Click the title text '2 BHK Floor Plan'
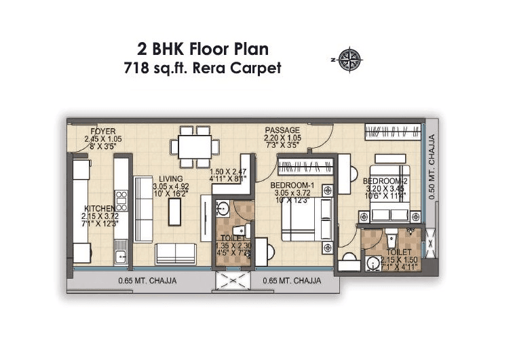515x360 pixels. (x=203, y=49)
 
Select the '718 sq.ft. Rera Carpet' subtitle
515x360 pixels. (x=203, y=68)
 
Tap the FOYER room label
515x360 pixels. (x=102, y=132)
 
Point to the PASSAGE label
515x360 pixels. (x=282, y=130)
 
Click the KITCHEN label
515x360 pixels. (x=100, y=209)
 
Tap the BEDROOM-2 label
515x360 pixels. (x=383, y=182)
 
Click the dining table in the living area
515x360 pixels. (x=193, y=145)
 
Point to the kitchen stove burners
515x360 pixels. (x=122, y=201)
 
